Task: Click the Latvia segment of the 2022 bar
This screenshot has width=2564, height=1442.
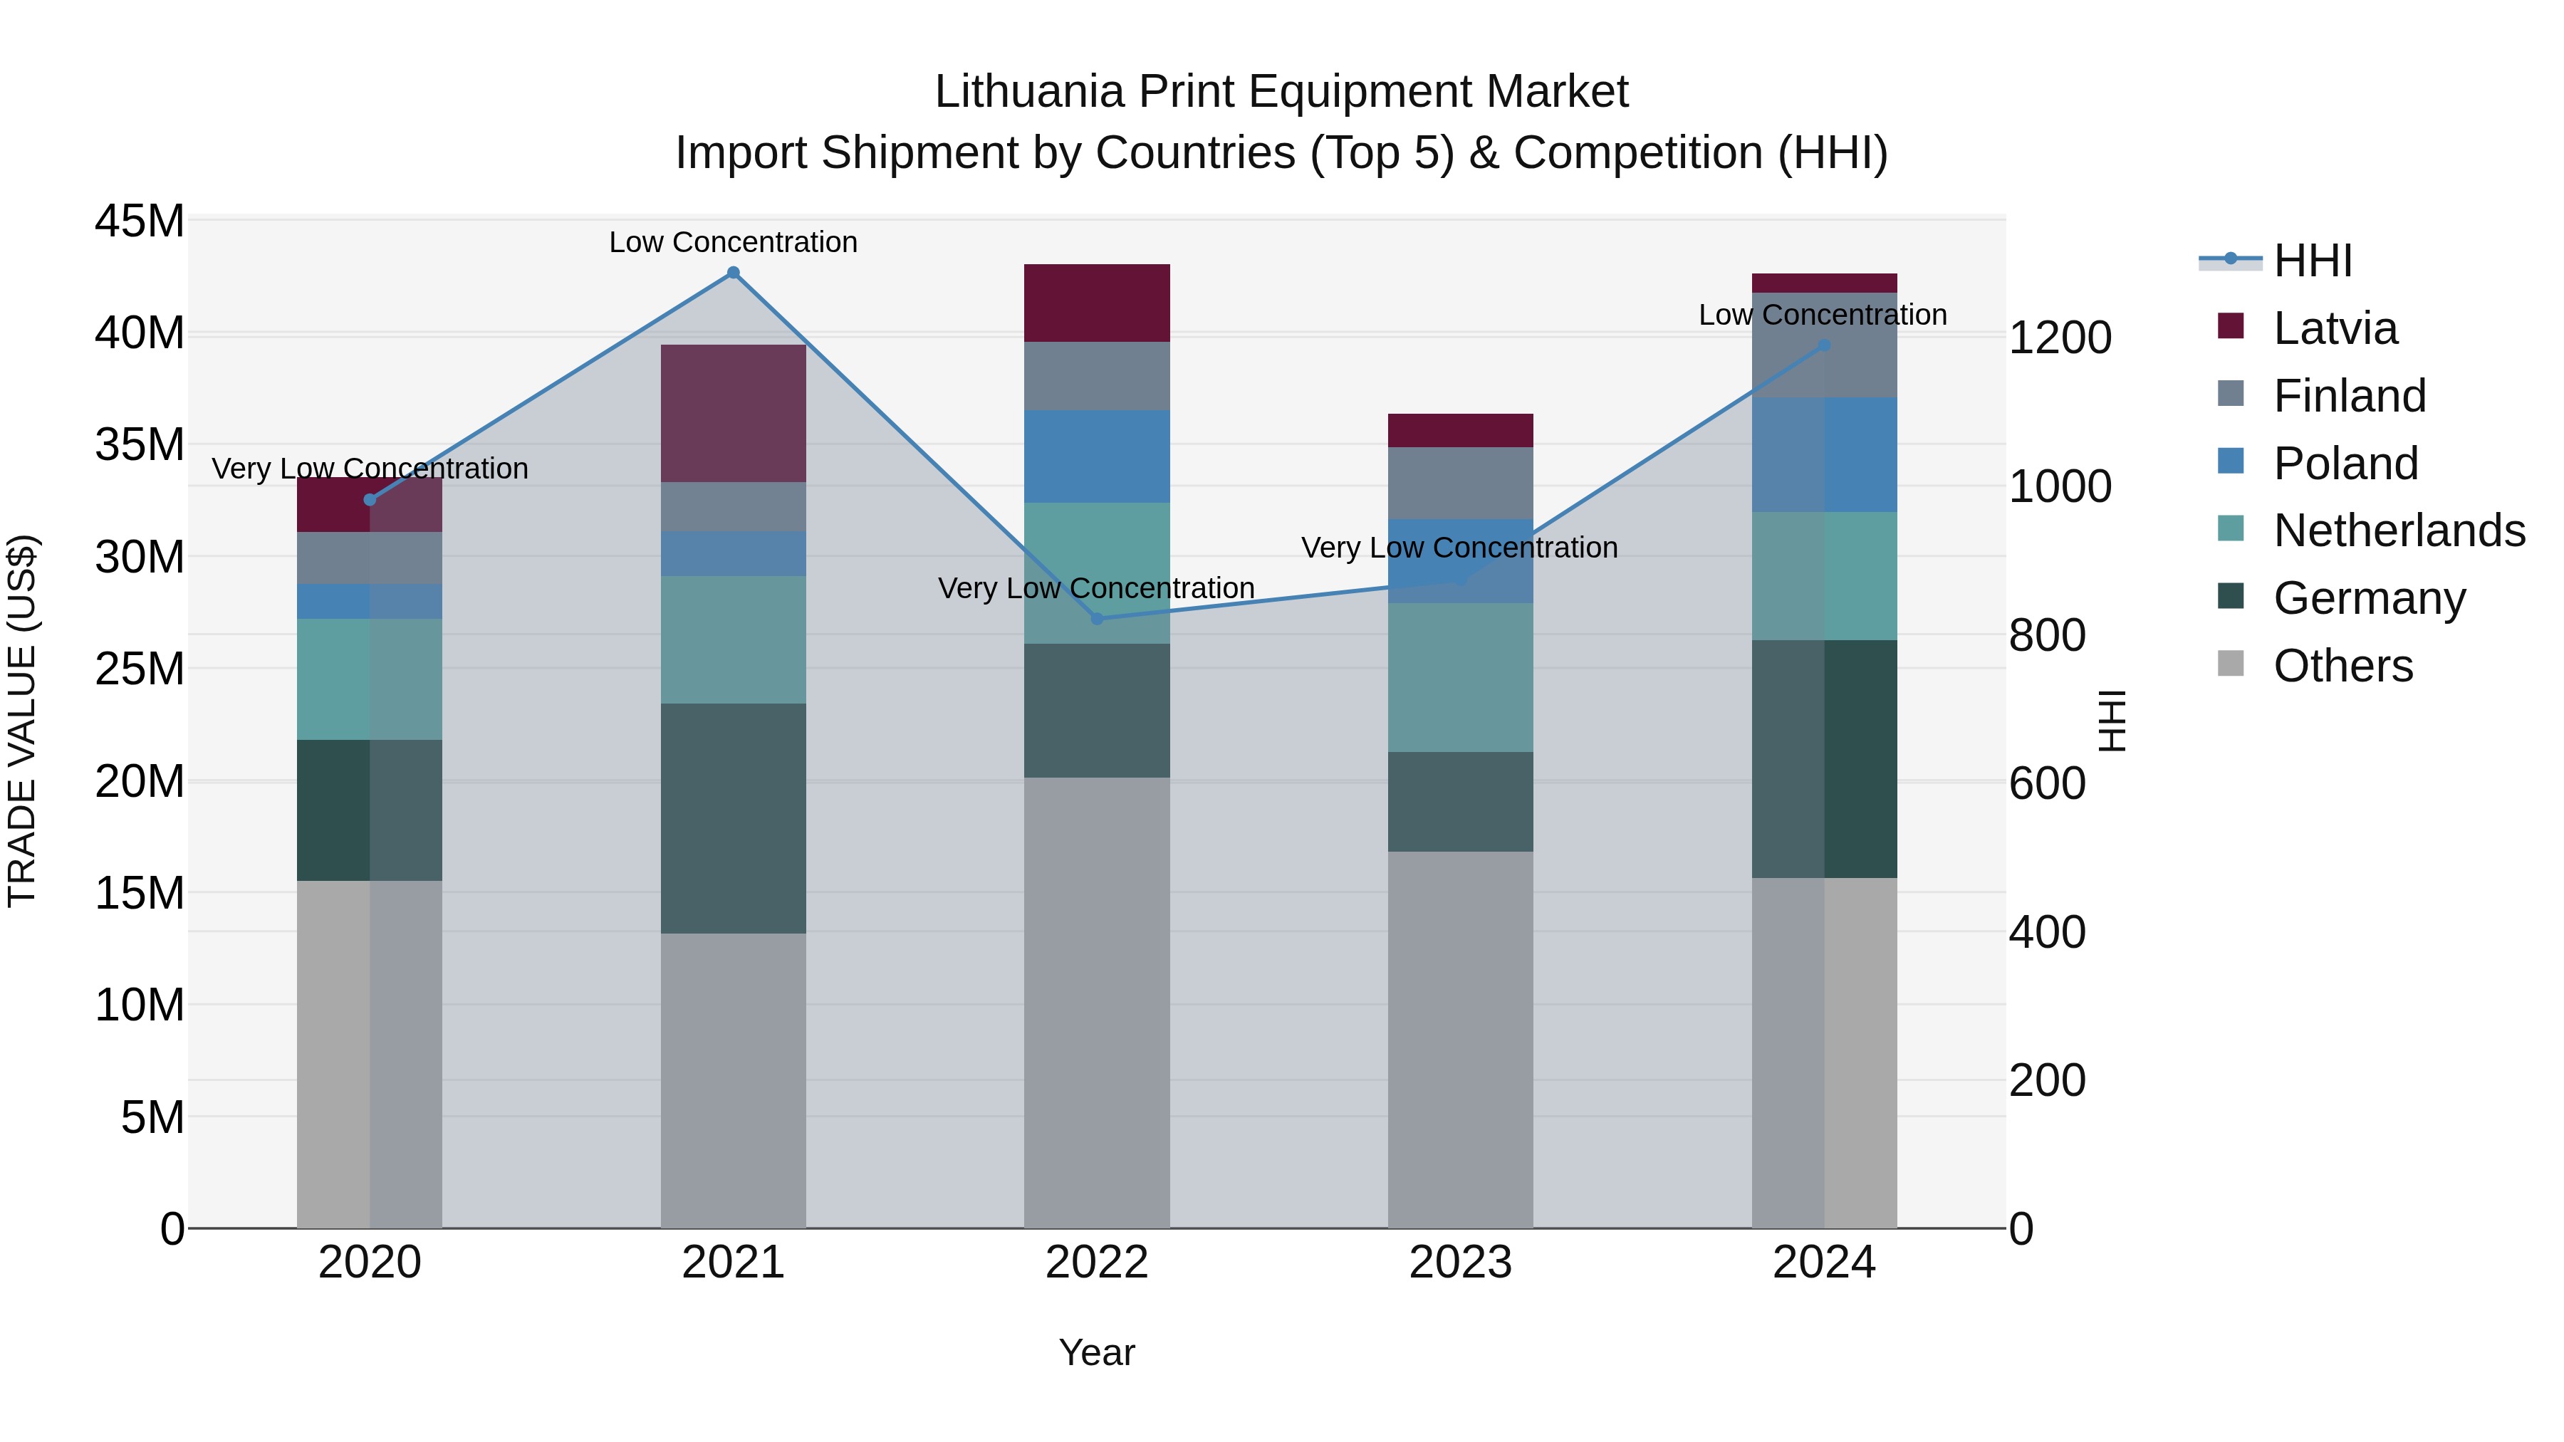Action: (1097, 303)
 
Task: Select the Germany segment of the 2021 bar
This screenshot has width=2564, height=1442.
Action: (734, 818)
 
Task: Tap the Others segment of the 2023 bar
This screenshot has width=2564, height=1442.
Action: (1460, 1039)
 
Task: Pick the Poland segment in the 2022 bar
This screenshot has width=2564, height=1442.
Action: (1097, 456)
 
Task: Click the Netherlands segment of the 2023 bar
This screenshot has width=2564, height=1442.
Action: (1460, 676)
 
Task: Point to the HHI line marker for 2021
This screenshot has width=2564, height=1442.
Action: (734, 273)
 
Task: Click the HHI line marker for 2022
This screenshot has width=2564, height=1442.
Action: (1097, 619)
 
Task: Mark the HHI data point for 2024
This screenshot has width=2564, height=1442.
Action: (1823, 346)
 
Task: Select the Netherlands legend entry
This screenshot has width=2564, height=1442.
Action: (2399, 531)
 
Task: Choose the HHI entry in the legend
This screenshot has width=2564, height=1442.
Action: (2312, 261)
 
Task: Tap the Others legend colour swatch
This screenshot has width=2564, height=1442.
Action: (2231, 664)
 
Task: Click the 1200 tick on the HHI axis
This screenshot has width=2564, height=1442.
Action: (2059, 338)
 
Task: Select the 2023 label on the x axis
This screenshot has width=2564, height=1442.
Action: (1460, 1263)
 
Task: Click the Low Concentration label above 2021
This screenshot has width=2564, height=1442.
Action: (734, 242)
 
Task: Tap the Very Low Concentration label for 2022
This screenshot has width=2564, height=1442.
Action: (1096, 588)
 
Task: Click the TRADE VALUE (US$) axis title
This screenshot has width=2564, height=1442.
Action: (23, 721)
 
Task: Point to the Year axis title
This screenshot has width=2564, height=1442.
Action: (1097, 1352)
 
